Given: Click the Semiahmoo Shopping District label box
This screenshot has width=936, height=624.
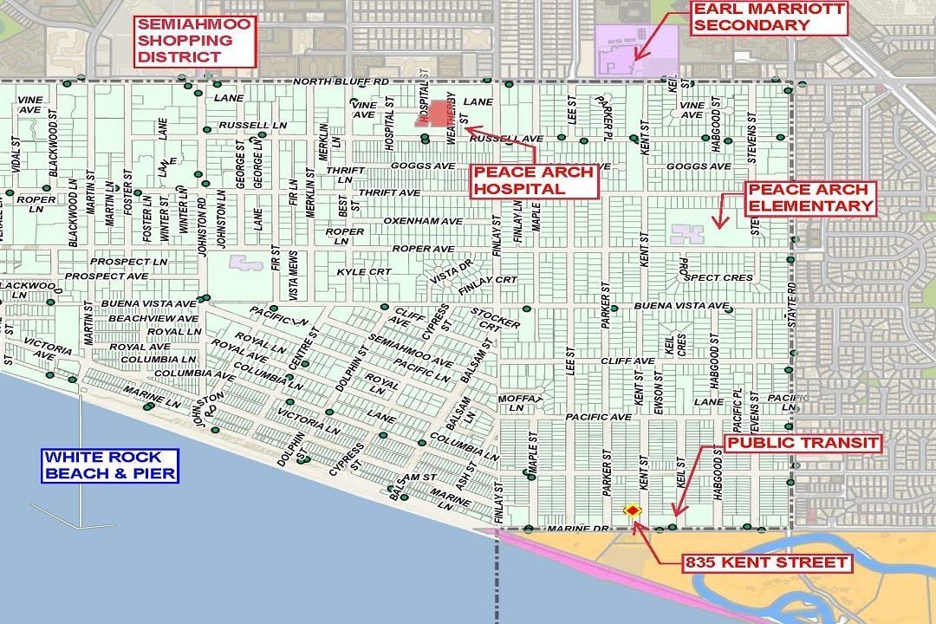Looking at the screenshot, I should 194,41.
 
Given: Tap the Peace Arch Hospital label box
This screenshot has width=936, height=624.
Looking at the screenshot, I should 534,180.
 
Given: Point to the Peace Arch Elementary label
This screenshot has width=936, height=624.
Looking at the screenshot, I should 810,198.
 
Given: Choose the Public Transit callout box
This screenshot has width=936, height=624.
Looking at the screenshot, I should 803,443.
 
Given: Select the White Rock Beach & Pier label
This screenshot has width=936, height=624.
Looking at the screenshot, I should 112,465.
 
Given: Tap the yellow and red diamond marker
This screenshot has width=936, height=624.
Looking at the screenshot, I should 633,510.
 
